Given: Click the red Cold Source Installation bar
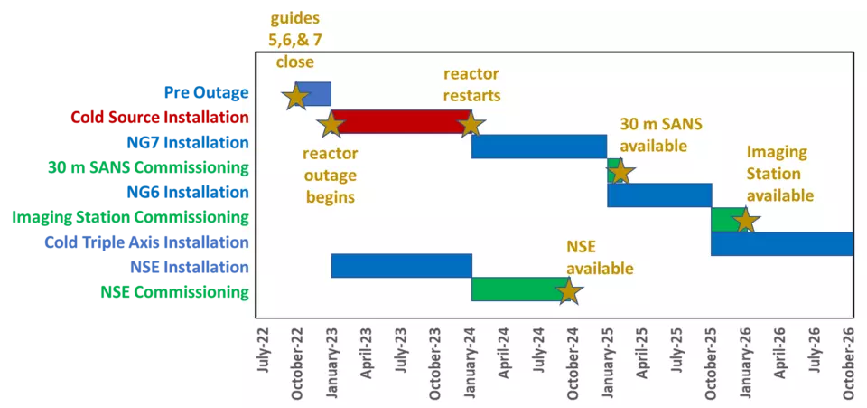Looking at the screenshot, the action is pos(401,122).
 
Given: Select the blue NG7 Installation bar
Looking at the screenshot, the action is pos(539,147).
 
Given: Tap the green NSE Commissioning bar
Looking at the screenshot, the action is pos(520,289).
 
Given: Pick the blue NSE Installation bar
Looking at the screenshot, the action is pos(401,265).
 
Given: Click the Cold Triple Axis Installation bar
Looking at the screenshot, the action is pos(782,243).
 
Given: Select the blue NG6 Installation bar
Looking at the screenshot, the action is pos(659,195).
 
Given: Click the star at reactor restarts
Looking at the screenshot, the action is pos(471,124).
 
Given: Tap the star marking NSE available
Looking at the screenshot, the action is pos(568,291).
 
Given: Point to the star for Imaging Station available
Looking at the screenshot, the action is pos(746,221).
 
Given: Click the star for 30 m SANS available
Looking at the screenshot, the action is pos(620,172).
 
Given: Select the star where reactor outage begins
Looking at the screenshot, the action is pos(331,124).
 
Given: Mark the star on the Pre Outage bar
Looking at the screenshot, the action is pos(296,96).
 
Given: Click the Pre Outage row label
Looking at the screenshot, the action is pos(206,92).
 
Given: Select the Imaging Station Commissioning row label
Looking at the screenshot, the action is pos(130,217).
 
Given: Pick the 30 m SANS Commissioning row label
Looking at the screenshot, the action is pos(148,167).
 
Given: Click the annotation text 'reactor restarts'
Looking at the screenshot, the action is pos(471,84).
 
